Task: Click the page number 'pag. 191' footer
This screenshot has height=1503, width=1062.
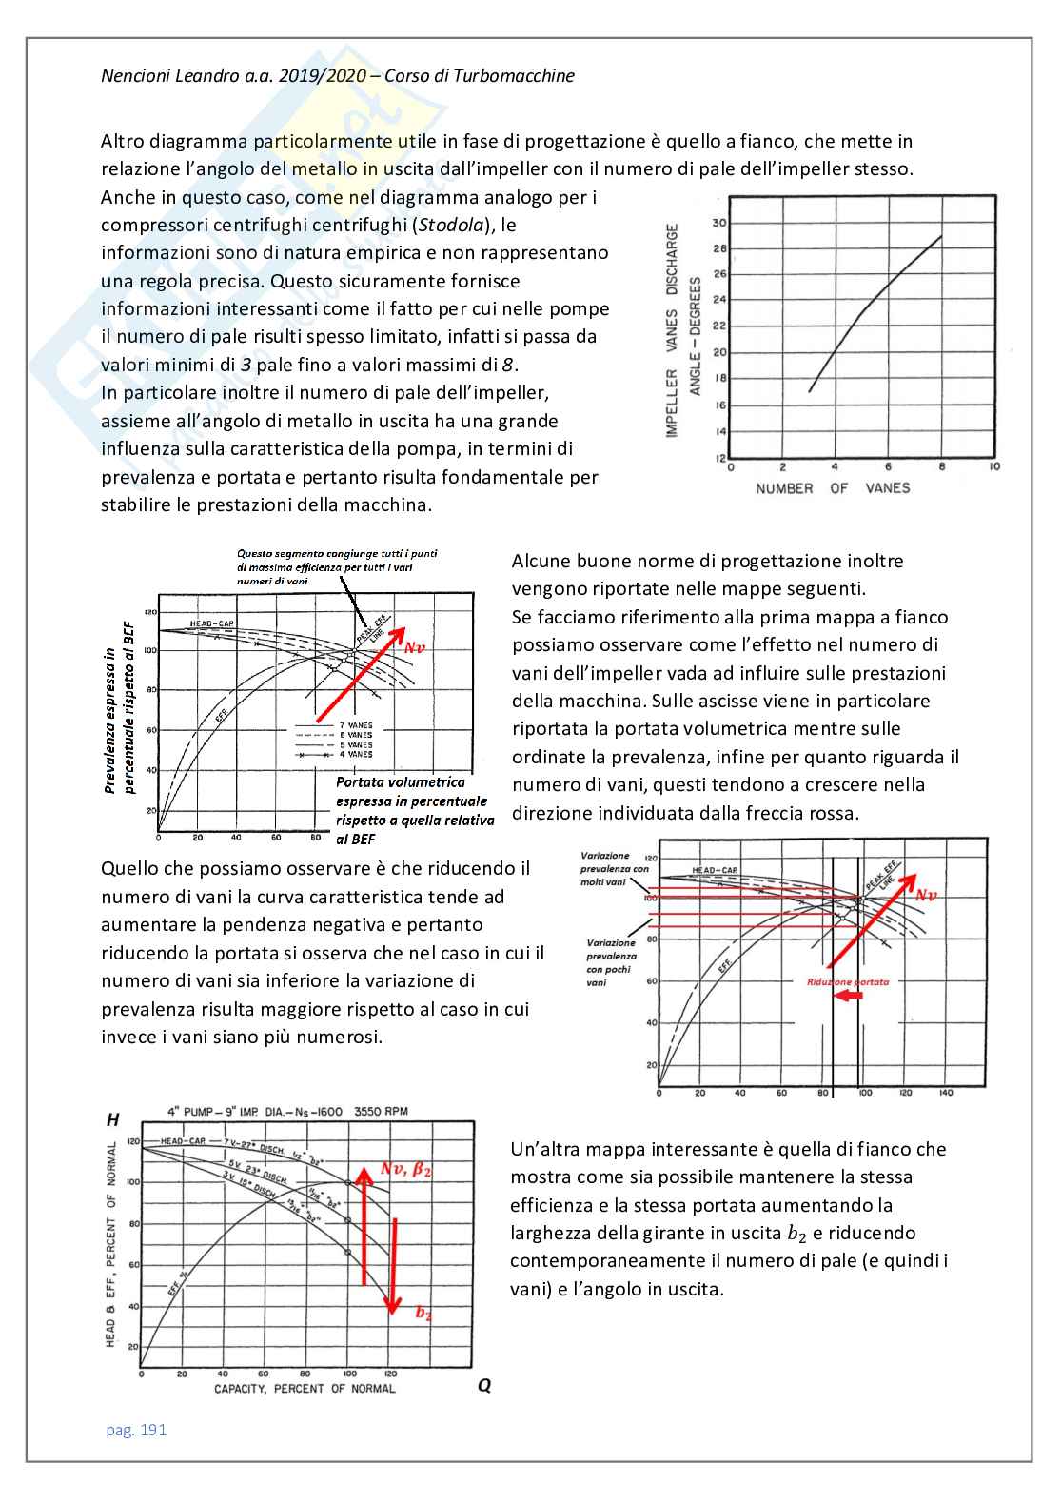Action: [x=136, y=1430]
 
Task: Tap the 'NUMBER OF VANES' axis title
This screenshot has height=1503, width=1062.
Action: [x=833, y=488]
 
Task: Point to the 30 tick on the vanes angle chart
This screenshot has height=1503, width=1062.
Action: [x=719, y=223]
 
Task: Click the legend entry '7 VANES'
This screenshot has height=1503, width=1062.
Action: [x=356, y=725]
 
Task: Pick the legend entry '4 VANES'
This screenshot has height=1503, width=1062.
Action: [x=356, y=754]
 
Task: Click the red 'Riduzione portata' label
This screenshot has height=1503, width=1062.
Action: [x=847, y=982]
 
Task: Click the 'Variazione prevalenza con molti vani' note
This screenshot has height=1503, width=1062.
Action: [x=614, y=869]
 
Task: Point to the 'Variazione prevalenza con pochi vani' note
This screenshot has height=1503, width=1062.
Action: [x=611, y=962]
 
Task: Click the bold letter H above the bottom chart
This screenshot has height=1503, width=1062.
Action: [x=113, y=1120]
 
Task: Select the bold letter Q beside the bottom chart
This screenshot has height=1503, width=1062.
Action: [x=484, y=1386]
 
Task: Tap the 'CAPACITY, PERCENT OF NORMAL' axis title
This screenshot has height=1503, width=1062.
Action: [x=305, y=1389]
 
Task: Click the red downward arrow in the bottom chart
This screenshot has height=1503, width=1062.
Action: [x=393, y=1266]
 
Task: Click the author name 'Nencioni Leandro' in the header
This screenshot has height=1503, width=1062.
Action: [x=169, y=76]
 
